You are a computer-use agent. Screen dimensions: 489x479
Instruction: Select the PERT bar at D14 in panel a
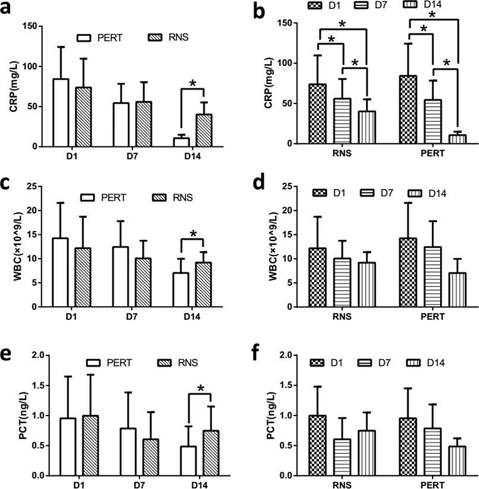tap(181, 142)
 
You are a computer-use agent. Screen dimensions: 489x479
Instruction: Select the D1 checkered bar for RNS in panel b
tap(318, 114)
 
